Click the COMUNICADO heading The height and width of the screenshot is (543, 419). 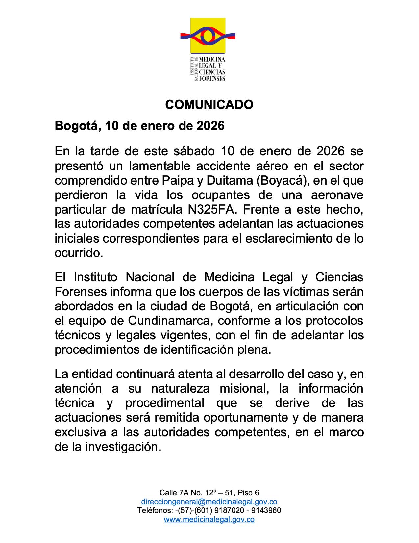[x=209, y=104]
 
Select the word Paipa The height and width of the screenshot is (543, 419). [x=174, y=181]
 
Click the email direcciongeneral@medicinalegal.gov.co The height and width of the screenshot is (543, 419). [x=209, y=502]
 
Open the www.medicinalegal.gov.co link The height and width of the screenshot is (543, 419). [x=209, y=519]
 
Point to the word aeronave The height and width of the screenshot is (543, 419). [x=337, y=195]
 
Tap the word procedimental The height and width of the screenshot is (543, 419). [x=165, y=403]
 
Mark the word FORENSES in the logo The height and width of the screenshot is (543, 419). [x=212, y=78]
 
